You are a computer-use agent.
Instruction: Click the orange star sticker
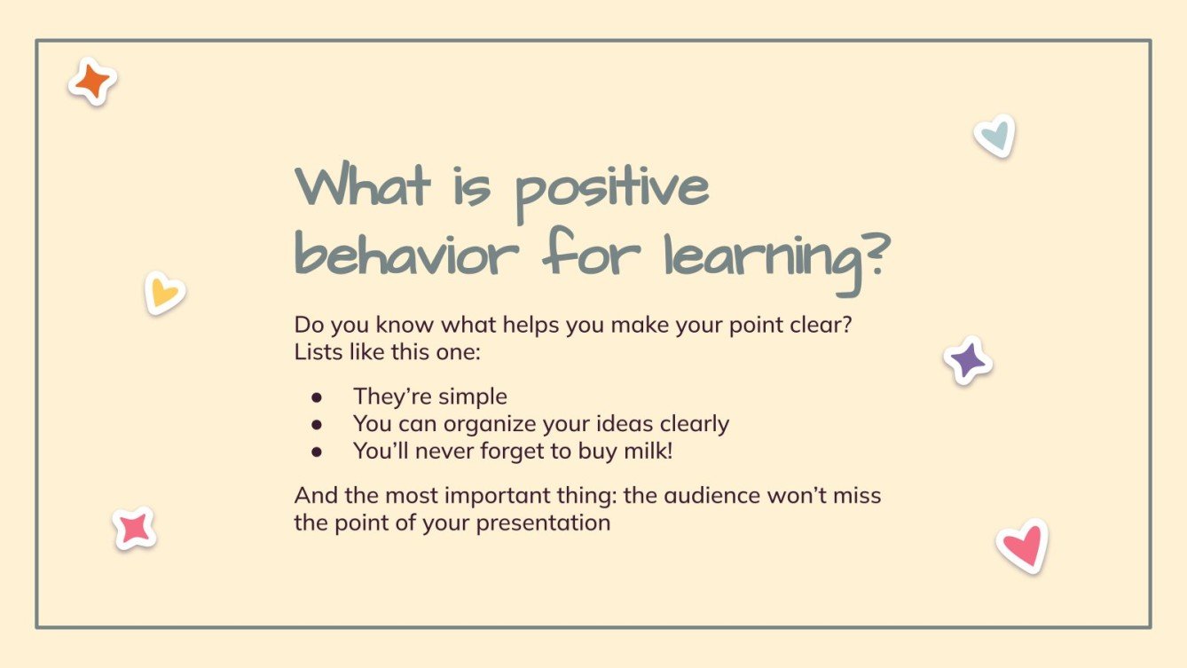coord(92,83)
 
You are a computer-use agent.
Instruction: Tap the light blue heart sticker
coord(994,136)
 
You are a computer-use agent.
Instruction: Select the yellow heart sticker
coord(164,293)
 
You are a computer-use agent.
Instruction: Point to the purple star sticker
coord(967,360)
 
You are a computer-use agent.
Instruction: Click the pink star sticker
coord(135,529)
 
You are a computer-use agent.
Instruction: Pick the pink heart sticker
coord(1022,546)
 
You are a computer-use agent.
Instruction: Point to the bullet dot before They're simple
coord(317,397)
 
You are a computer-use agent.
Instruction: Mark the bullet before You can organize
coord(317,425)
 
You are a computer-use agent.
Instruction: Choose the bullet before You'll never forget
coord(317,452)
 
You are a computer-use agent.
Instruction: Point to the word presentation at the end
coord(543,523)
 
